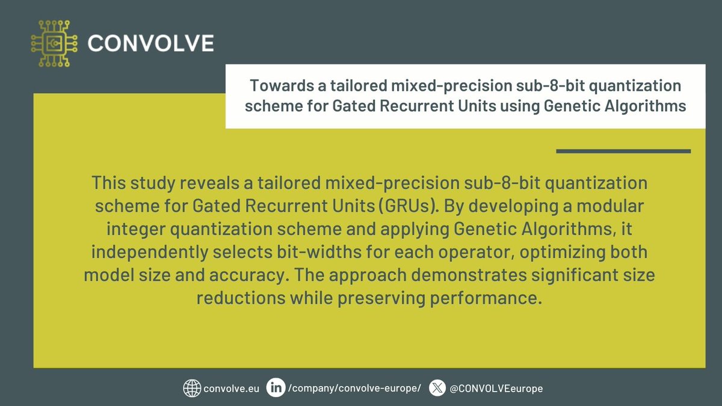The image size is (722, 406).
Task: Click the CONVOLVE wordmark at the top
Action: tap(150, 43)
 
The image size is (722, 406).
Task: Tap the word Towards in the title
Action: tap(275, 85)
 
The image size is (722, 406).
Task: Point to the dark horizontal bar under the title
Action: tap(623, 151)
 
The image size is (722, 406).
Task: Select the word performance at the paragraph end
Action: tap(491, 298)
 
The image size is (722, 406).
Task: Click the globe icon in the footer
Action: tap(191, 388)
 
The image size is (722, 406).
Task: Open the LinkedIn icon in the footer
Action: tap(276, 388)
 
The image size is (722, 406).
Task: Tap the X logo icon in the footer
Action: tap(437, 388)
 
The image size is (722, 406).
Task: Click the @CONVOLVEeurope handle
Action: tap(496, 389)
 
